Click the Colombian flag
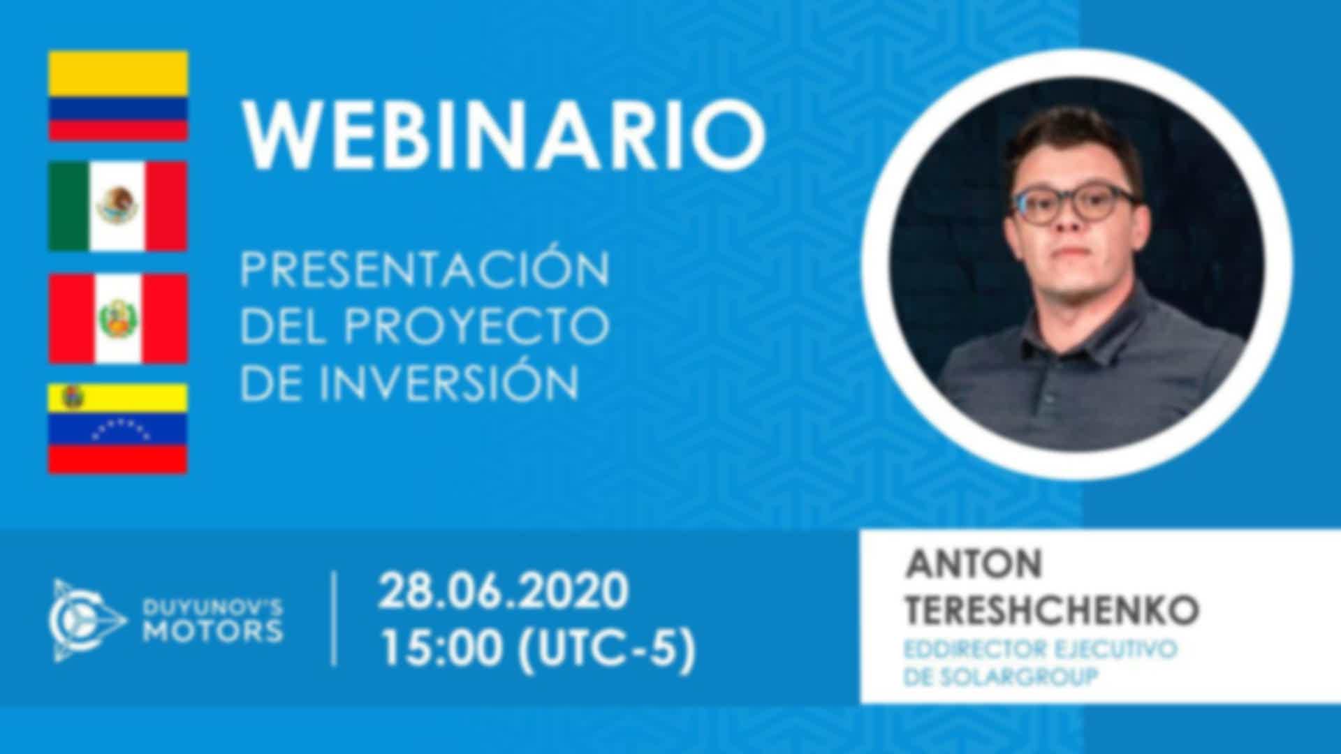[x=118, y=96]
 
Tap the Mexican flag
[x=118, y=207]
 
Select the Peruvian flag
[x=118, y=318]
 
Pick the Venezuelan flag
[x=118, y=429]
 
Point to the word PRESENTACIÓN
[x=425, y=268]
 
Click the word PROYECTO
[x=476, y=326]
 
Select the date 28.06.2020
[x=504, y=591]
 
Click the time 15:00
[x=442, y=649]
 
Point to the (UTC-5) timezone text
[x=606, y=649]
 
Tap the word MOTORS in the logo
[x=212, y=632]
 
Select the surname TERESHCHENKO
[x=1052, y=610]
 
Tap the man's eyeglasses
[x=1076, y=205]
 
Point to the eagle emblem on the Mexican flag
[x=117, y=205]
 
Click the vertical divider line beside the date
[x=335, y=619]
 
